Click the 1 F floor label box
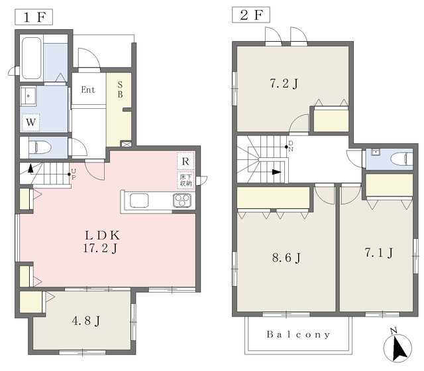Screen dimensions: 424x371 [34, 17]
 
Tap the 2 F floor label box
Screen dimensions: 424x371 [251, 15]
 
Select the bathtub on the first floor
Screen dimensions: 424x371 [32, 58]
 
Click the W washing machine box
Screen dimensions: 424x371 [31, 122]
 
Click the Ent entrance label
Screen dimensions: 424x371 [88, 90]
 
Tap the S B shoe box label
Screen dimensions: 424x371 [121, 90]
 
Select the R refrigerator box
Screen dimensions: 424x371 [185, 161]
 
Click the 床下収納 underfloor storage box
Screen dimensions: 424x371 [185, 181]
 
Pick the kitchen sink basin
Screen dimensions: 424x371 [139, 200]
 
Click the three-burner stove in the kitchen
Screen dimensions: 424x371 [182, 200]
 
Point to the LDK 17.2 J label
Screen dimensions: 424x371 [101, 242]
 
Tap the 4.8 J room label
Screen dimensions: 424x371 [86, 321]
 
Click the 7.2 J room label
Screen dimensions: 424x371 [284, 84]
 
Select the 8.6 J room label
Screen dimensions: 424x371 [286, 258]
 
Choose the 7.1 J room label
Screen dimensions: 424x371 [378, 253]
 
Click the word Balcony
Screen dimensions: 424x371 [299, 334]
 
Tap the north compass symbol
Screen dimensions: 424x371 [397, 347]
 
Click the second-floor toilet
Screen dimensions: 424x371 [402, 159]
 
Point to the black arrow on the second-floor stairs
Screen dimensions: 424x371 [276, 172]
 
